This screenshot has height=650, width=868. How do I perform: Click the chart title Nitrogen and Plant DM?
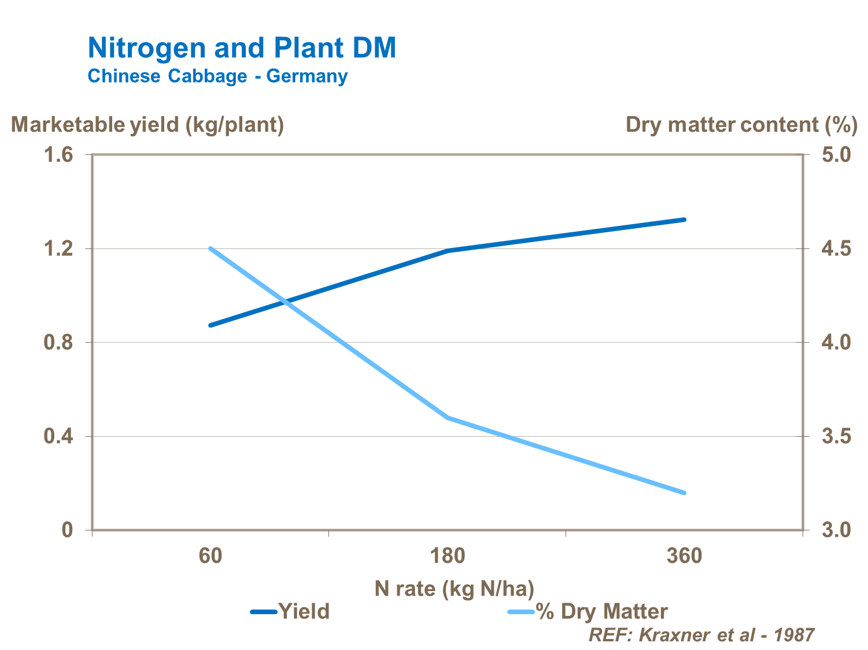pos(242,47)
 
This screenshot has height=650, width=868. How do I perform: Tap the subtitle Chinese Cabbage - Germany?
pos(217,76)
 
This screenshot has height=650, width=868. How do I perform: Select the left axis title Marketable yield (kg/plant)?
pos(147,125)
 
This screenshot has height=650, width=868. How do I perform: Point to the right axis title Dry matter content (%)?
pos(741,125)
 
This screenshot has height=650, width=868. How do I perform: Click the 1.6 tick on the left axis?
pos(58,155)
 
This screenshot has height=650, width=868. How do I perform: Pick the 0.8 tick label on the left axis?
pos(58,343)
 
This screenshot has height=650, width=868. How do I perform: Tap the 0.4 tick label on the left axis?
pos(58,436)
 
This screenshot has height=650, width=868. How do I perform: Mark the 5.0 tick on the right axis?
pos(836,155)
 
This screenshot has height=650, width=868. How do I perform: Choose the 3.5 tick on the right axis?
pos(836,436)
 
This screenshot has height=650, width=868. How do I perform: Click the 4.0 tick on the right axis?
pos(836,343)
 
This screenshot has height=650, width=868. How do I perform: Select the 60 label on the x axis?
pos(210,556)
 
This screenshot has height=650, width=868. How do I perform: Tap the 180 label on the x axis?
pos(448,556)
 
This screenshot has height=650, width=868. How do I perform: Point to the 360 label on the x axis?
pos(684,556)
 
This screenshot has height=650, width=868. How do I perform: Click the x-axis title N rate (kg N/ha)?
pos(454,589)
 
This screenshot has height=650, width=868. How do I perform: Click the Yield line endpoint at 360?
pos(684,220)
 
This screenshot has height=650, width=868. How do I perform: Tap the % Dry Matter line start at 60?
pos(210,248)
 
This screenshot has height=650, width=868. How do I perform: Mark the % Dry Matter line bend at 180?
pos(448,417)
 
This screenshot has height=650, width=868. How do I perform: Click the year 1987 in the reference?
pos(794,635)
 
